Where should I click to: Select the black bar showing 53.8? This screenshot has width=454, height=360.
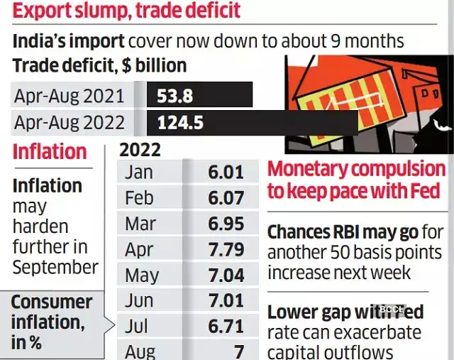[199, 94]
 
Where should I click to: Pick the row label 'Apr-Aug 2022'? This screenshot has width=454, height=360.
[69, 122]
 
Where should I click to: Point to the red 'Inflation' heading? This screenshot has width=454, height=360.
[49, 152]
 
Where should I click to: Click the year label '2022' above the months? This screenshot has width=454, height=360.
[140, 150]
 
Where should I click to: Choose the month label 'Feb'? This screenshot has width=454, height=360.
[139, 198]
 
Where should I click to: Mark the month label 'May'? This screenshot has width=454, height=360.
[142, 275]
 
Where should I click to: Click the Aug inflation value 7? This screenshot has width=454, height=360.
[238, 351]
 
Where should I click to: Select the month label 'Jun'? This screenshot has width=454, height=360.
[139, 300]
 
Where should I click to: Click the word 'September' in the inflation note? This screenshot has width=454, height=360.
[55, 268]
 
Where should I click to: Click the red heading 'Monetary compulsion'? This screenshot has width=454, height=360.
[356, 170]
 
